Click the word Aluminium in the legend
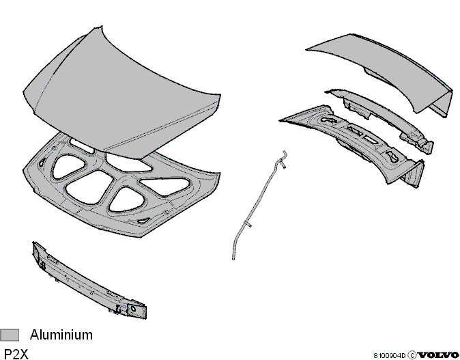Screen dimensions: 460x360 (61, 335)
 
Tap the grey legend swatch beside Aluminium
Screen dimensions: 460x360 (10, 335)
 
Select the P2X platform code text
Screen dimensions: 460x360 (16, 354)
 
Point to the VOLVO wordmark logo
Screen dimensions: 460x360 (438, 355)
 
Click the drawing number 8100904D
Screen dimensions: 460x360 (389, 356)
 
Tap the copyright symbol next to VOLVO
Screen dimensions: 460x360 (412, 355)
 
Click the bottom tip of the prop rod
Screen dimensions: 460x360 (233, 258)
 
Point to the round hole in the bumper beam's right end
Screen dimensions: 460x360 (133, 308)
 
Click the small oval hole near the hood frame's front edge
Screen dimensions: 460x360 (143, 221)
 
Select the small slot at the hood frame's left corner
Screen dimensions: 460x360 (42, 163)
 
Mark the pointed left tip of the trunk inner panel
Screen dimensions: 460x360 (280, 120)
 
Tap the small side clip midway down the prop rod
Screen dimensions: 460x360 (249, 225)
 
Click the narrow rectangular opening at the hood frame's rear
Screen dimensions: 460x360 (81, 146)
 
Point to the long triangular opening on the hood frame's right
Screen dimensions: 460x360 (164, 186)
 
